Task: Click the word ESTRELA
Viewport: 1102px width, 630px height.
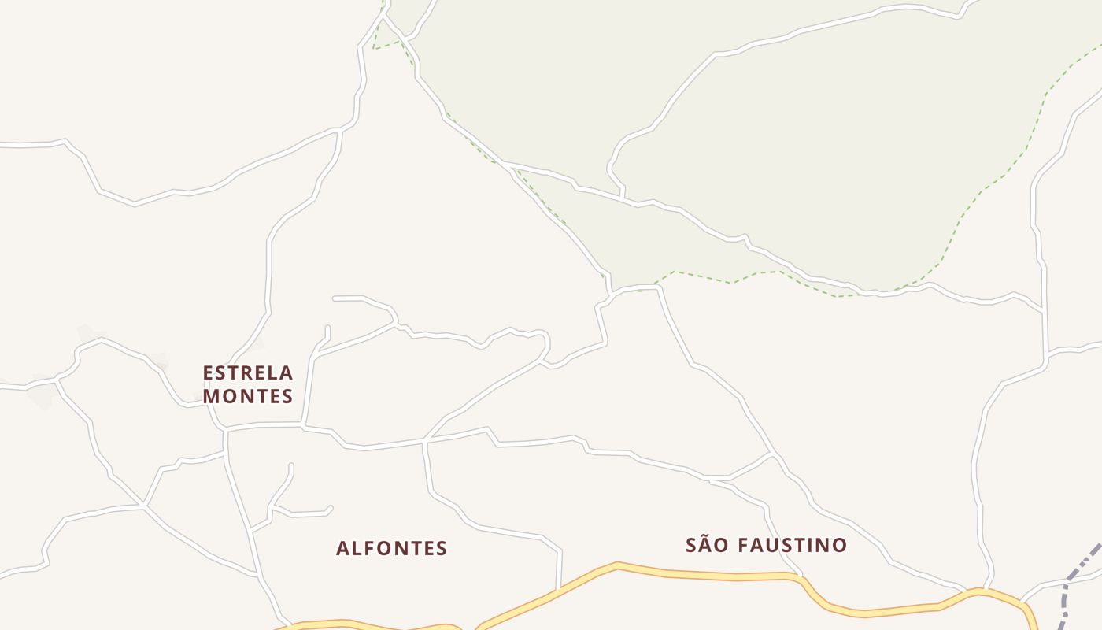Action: click(x=248, y=372)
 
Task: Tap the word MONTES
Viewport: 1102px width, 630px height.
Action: click(x=248, y=396)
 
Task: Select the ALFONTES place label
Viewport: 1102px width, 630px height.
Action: click(x=391, y=548)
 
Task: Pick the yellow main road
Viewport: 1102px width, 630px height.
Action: click(x=693, y=574)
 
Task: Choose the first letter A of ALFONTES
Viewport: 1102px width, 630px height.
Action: click(x=342, y=548)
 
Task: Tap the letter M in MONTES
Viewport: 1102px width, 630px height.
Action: click(x=212, y=396)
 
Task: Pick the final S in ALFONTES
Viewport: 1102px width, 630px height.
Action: click(x=442, y=548)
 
